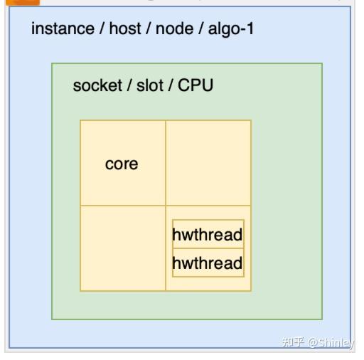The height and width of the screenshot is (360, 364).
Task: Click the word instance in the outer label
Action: (63, 29)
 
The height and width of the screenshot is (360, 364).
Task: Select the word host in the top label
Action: (124, 29)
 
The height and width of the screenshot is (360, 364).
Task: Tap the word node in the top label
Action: (174, 29)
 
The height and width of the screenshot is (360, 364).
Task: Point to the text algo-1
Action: (230, 29)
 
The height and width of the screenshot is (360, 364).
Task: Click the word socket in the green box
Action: (97, 86)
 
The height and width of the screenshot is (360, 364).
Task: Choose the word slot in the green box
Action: (147, 86)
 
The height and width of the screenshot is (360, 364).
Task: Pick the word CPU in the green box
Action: (196, 86)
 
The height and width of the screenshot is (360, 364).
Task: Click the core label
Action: (122, 164)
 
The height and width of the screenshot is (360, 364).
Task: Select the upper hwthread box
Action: (208, 235)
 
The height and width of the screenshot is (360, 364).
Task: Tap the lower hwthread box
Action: (208, 264)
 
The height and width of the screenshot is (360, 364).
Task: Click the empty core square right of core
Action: (208, 163)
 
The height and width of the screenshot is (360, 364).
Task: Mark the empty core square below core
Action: (122, 248)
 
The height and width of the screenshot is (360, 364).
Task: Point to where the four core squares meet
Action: (166, 206)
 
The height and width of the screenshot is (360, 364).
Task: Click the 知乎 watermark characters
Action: (293, 342)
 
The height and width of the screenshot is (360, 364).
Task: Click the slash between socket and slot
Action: (128, 86)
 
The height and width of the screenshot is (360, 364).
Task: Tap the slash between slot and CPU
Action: (170, 86)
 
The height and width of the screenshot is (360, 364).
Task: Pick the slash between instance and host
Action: (102, 29)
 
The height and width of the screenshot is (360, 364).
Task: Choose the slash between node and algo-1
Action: (200, 29)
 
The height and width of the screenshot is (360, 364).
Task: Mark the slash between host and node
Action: (149, 29)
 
